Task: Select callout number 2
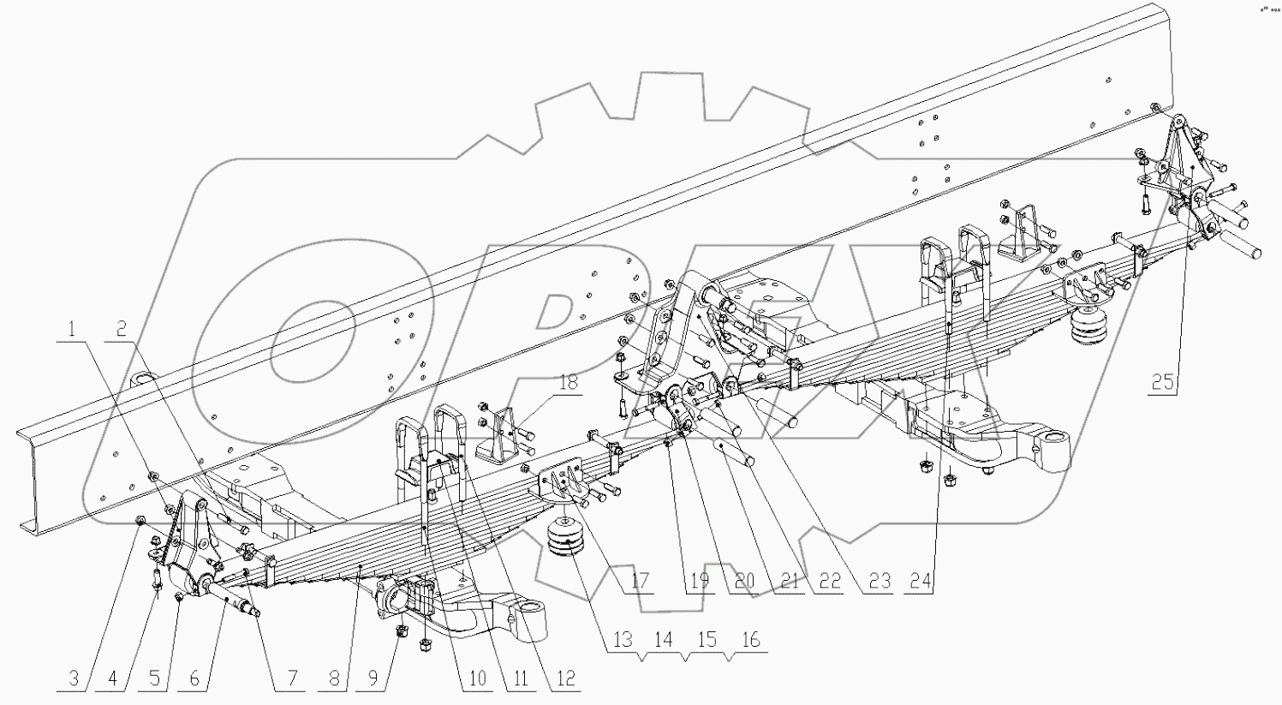(x=122, y=328)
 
